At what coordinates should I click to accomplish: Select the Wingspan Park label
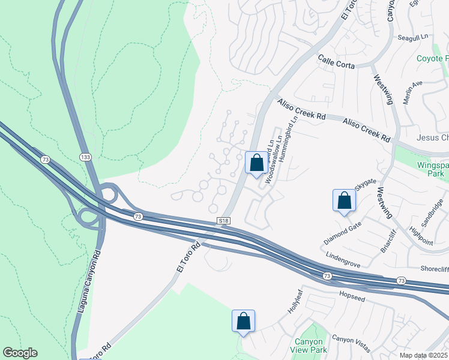click(x=432, y=169)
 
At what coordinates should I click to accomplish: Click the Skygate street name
click(x=365, y=184)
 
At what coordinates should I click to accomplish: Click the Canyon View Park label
click(x=315, y=346)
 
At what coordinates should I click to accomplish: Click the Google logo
click(x=20, y=353)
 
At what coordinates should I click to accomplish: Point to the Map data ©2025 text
click(x=424, y=355)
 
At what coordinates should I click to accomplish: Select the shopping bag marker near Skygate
click(x=345, y=200)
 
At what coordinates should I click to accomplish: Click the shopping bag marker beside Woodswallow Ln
click(x=256, y=163)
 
